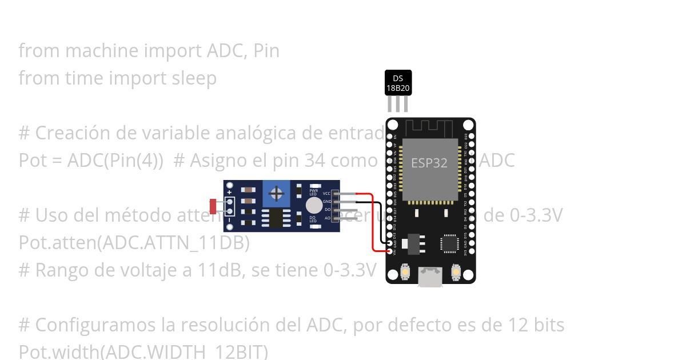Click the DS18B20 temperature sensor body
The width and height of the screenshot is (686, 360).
coord(398,83)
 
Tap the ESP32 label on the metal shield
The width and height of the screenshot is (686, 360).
coord(429,163)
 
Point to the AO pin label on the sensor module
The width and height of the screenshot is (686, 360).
coord(328,218)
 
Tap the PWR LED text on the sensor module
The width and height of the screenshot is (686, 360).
coord(313,193)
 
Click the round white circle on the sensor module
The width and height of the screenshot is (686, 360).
coord(313,206)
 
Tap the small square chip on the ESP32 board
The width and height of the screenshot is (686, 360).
coord(449,243)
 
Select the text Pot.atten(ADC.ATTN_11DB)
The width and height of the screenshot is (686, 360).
coord(134,243)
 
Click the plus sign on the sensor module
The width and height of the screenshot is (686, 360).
coord(229,193)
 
